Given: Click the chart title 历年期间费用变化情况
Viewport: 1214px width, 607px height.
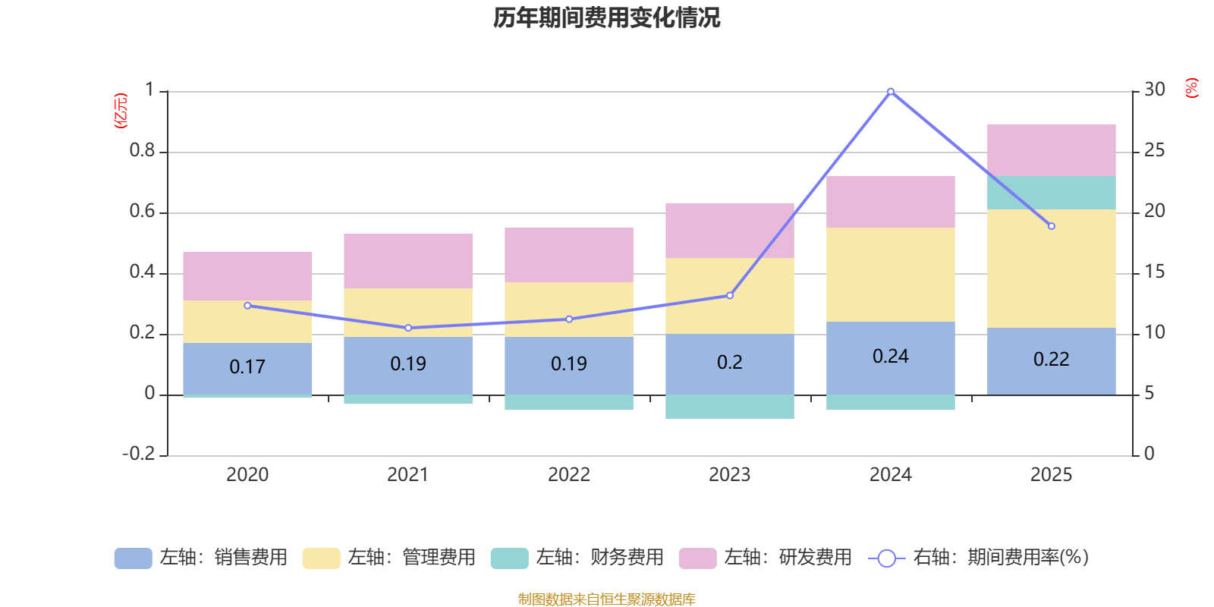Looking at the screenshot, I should [x=606, y=17].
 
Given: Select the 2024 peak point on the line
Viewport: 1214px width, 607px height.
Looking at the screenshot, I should [x=891, y=91].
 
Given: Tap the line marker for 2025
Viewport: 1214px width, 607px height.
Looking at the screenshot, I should [x=1052, y=226].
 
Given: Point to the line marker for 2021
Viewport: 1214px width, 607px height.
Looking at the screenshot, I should [x=408, y=328].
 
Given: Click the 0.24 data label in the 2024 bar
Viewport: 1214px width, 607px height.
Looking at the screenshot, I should [x=891, y=357].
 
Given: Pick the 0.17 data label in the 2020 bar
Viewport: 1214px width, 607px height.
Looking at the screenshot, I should [x=247, y=367].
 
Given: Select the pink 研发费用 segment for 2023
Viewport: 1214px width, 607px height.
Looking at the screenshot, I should [x=730, y=230].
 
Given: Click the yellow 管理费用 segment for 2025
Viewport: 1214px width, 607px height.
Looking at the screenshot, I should [x=1052, y=268].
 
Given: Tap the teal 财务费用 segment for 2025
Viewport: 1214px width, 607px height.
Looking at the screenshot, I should [x=1052, y=193].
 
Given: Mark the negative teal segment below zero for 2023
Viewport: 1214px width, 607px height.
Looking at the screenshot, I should [x=730, y=407].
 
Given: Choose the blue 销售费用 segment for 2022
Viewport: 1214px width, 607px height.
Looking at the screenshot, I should [x=569, y=365].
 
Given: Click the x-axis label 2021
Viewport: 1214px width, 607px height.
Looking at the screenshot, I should [x=408, y=475].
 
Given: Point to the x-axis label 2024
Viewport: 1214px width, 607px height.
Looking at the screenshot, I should [x=891, y=475].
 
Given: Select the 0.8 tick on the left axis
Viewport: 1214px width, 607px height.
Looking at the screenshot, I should [x=142, y=151].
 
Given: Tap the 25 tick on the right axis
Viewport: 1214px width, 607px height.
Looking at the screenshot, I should [x=1155, y=151].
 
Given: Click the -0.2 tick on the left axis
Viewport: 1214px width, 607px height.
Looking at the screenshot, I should [x=138, y=454].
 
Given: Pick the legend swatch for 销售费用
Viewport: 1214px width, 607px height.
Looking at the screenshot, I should [x=133, y=558].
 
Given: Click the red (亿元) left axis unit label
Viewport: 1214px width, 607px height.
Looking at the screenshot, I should [x=121, y=111].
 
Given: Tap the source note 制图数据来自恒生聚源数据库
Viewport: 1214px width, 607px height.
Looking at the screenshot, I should [x=606, y=599].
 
